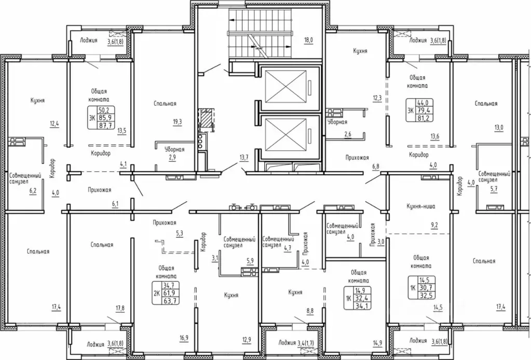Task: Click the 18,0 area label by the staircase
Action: tap(308, 40)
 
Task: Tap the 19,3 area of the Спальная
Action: tap(177, 122)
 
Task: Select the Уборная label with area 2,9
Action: tap(174, 149)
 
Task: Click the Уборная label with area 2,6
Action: tap(337, 122)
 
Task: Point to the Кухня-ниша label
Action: tap(420, 206)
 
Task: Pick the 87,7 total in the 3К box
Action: tap(106, 125)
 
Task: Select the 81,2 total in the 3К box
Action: tap(424, 118)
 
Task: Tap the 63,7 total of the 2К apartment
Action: tap(171, 300)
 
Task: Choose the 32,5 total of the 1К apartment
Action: tap(426, 295)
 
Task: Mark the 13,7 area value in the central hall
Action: tap(244, 157)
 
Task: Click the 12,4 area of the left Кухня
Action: tap(55, 123)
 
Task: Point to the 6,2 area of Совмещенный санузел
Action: tap(33, 191)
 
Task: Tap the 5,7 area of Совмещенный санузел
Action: tap(494, 189)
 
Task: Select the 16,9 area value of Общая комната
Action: tap(184, 337)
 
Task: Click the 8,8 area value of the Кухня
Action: tap(309, 311)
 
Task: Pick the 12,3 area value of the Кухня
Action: tap(377, 98)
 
